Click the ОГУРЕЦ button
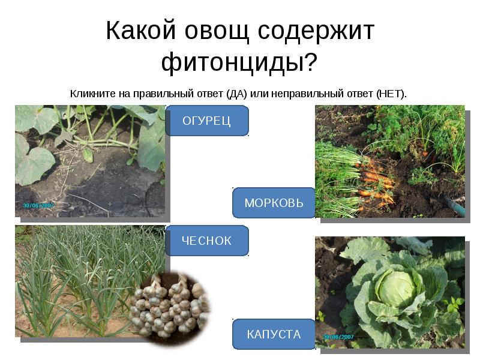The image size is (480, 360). point(206,121)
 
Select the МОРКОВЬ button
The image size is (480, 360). point(274,203)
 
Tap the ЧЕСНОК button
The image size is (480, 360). point(206,241)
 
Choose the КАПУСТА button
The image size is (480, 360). point(274,334)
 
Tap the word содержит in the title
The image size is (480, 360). point(316,31)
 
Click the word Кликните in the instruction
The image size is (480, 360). point(90,94)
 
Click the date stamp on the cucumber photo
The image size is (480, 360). point(38,205)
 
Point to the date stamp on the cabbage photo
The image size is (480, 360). point(338,337)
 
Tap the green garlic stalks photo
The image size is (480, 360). point(72,276)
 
